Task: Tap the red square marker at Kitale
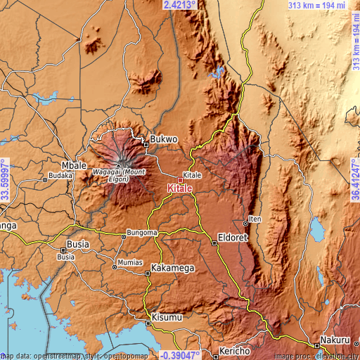(180, 180)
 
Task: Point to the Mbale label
(74, 160)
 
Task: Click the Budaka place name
(60, 176)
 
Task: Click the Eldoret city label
(233, 237)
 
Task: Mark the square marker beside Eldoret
(214, 243)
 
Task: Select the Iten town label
(256, 219)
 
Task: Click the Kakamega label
(173, 269)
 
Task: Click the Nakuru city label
(335, 340)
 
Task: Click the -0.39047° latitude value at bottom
(181, 354)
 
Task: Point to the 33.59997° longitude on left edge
(5, 181)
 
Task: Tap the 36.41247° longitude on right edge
(354, 181)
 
